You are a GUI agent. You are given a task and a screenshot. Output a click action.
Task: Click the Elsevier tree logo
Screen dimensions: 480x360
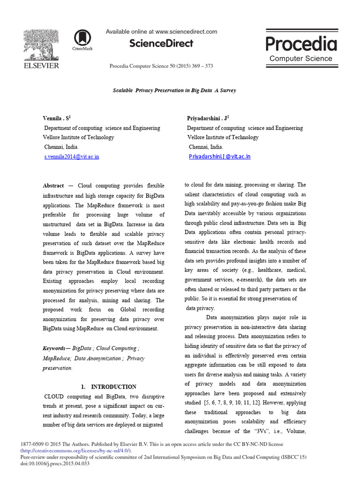(42, 44)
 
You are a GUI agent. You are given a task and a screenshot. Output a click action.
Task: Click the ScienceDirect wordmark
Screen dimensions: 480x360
(161, 44)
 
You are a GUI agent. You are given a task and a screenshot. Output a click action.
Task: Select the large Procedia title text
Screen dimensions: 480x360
(301, 44)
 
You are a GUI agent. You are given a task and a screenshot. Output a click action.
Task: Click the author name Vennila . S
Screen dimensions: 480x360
(57, 119)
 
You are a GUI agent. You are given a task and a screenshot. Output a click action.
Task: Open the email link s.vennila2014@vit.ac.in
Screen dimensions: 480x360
(71, 157)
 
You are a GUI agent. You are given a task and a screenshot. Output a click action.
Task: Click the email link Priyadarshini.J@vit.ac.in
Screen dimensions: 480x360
(219, 157)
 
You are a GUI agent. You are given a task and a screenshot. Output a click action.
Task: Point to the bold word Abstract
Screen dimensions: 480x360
(53, 186)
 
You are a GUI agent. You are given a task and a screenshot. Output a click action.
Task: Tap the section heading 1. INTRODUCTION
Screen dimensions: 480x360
(108, 387)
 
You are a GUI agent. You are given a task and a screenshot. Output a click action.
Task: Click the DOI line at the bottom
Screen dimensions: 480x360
(55, 464)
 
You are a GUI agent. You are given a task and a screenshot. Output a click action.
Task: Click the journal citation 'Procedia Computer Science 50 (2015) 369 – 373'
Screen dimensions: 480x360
(161, 66)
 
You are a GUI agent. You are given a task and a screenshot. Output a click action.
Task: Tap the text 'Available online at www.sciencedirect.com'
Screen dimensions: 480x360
(161, 31)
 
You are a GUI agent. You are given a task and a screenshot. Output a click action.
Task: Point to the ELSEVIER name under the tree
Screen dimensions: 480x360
(42, 66)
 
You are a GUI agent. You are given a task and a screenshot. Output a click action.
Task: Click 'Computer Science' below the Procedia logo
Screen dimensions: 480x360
(300, 59)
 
